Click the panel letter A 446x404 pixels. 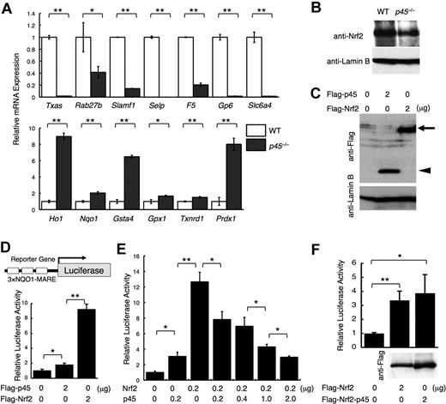[x=7, y=8]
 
